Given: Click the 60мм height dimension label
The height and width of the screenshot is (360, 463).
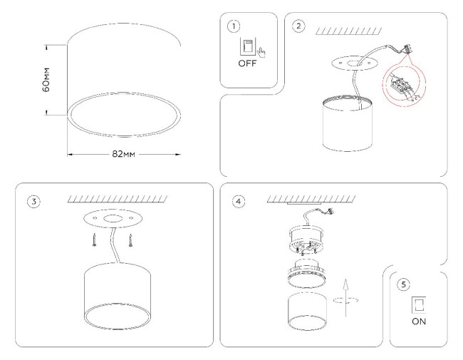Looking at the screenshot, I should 46,80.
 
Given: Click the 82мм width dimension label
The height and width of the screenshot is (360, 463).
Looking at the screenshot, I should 124,153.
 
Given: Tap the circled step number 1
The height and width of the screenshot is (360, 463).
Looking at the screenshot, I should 232,26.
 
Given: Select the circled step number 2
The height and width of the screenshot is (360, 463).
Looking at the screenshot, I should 298,26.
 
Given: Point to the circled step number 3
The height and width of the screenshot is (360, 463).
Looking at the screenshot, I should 33,200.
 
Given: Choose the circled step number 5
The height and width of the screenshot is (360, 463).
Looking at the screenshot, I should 404,284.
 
